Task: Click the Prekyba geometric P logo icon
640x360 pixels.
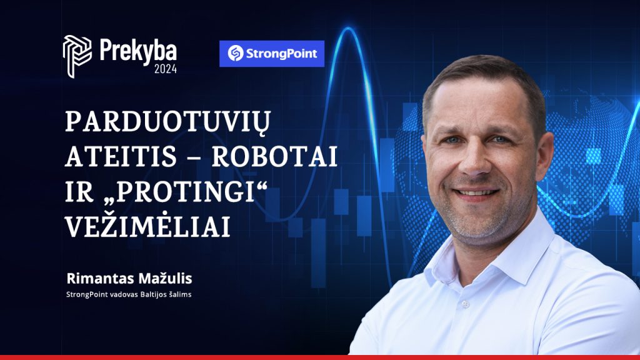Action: (77, 56)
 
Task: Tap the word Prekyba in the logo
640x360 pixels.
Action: (138, 51)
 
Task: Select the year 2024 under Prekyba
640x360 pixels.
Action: (165, 69)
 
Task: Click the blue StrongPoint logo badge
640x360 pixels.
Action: (272, 54)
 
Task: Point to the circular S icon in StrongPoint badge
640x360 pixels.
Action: (236, 54)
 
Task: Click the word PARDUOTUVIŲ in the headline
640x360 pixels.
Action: (167, 122)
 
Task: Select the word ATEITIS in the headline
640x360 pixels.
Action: (121, 156)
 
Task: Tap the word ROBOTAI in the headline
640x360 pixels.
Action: (274, 156)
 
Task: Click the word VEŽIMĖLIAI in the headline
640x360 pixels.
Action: (147, 225)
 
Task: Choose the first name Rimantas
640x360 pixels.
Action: (100, 278)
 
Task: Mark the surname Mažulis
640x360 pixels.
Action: (165, 278)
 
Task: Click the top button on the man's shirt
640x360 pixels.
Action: (464, 304)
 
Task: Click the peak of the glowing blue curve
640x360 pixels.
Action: (348, 27)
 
